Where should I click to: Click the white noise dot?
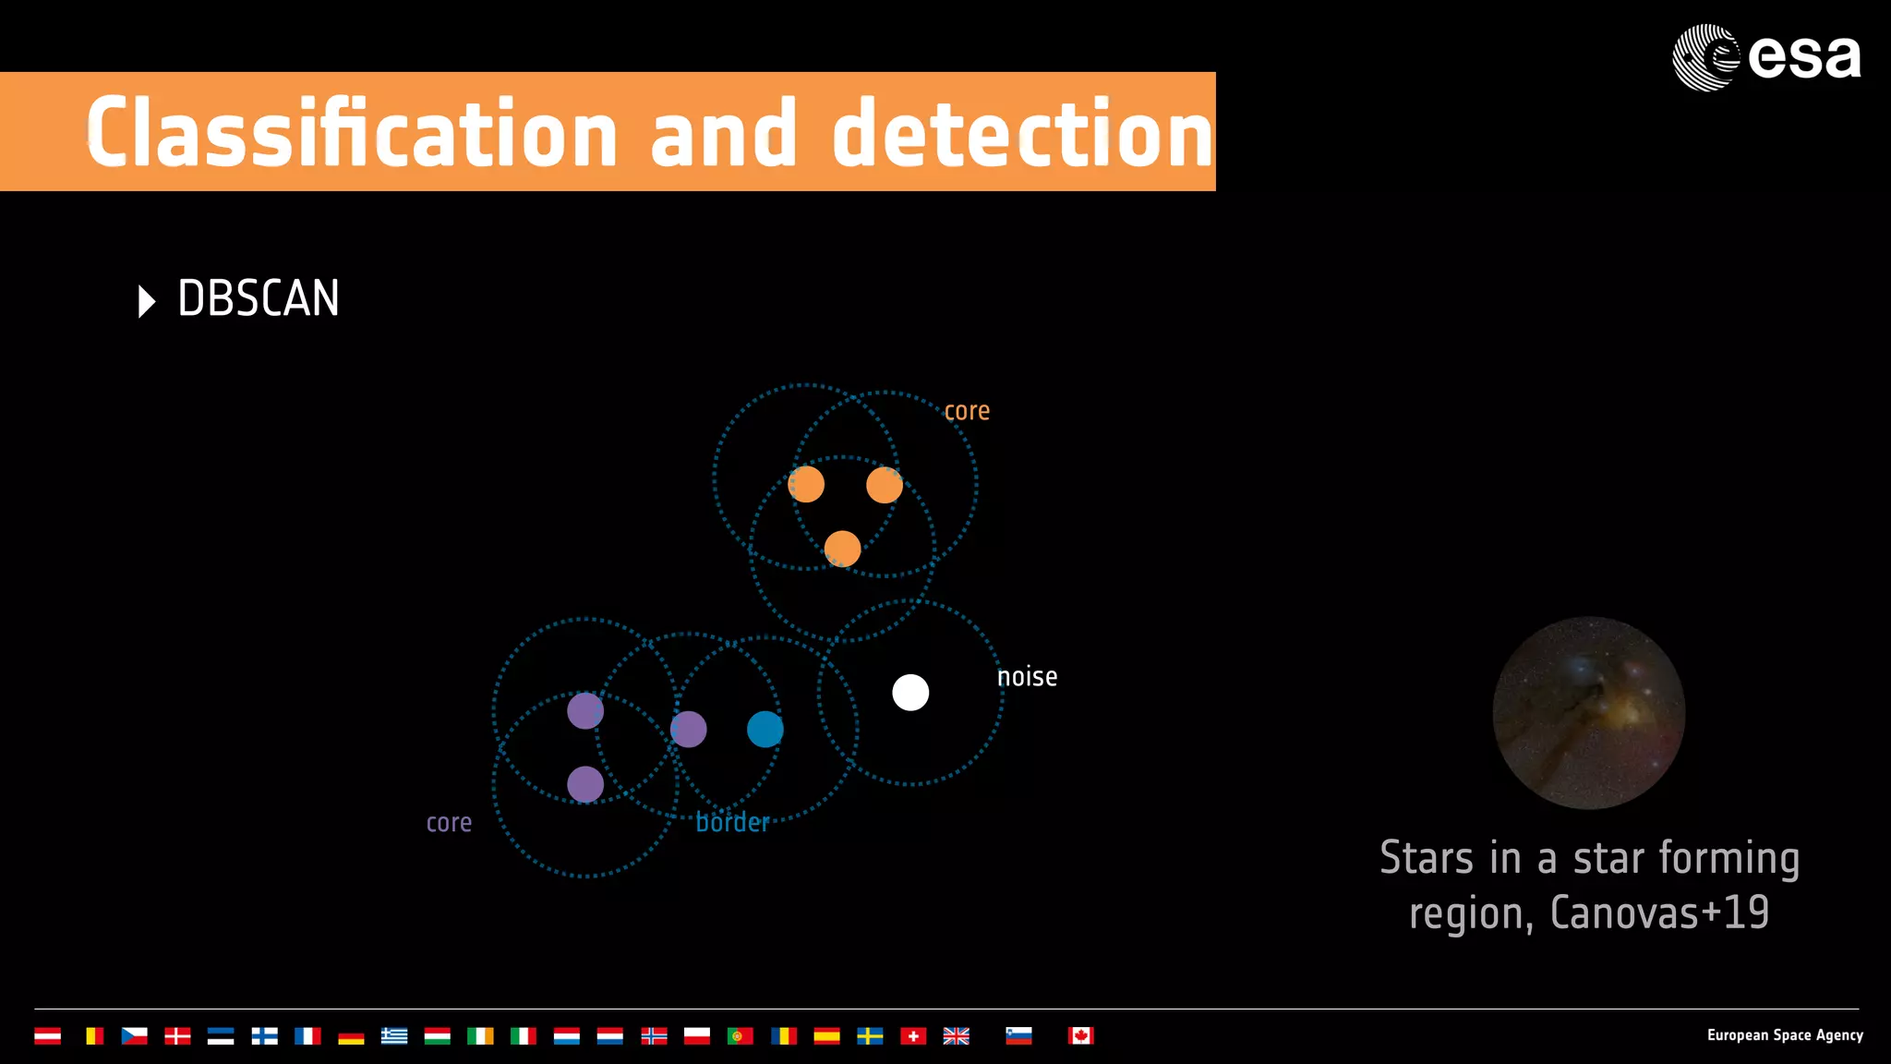pyautogui.click(x=910, y=693)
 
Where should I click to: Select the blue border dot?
pyautogui.click(x=765, y=730)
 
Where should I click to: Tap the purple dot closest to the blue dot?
pyautogui.click(x=689, y=730)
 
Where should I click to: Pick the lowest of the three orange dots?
pyautogui.click(x=842, y=549)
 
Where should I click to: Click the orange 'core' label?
pyautogui.click(x=967, y=411)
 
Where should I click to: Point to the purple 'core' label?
pyautogui.click(x=449, y=823)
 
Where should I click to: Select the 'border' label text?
pyautogui.click(x=732, y=822)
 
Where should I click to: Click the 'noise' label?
pyautogui.click(x=1027, y=677)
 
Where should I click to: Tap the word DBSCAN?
pyautogui.click(x=259, y=299)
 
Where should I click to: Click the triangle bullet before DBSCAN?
pyautogui.click(x=146, y=301)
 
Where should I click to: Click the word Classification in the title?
pyautogui.click(x=351, y=134)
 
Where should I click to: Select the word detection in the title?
pyautogui.click(x=1022, y=134)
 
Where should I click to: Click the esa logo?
pyautogui.click(x=1765, y=57)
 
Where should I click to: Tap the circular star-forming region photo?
pyautogui.click(x=1588, y=713)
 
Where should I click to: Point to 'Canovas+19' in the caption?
pyautogui.click(x=1659, y=913)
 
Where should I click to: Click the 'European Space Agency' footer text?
pyautogui.click(x=1784, y=1035)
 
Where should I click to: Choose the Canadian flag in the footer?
pyautogui.click(x=1080, y=1036)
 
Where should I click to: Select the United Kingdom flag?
pyautogui.click(x=956, y=1036)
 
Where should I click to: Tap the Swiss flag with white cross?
pyautogui.click(x=913, y=1036)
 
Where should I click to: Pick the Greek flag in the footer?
pyautogui.click(x=394, y=1036)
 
